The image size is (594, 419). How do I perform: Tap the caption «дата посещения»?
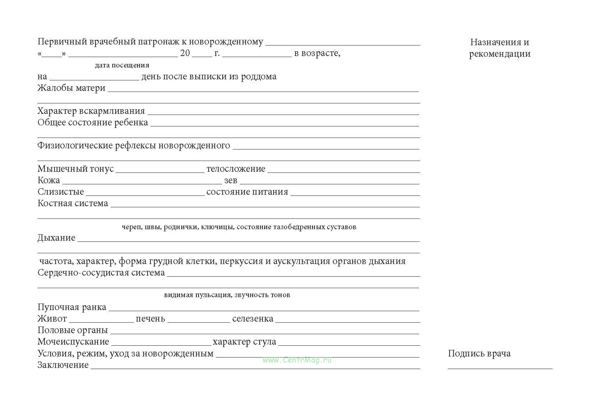click(x=122, y=65)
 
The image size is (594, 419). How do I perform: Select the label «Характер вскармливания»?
click(x=91, y=111)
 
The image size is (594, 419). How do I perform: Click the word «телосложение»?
click(x=236, y=169)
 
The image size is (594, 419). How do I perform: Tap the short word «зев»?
click(x=231, y=181)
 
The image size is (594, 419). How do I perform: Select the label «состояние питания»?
click(x=247, y=192)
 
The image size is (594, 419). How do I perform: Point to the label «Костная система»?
click(x=73, y=203)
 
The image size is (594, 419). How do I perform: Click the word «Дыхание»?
click(x=56, y=238)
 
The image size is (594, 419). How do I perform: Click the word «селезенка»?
click(x=253, y=319)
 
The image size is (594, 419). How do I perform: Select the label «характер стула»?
click(x=244, y=342)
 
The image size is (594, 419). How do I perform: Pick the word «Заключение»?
click(x=63, y=365)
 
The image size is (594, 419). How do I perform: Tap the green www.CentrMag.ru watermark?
click(x=297, y=360)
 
